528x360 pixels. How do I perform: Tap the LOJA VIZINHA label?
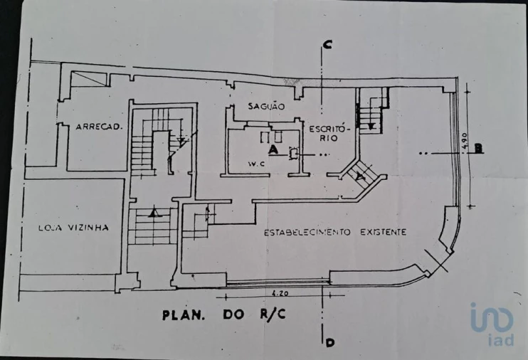coord(73,228)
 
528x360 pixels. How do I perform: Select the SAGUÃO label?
coord(267,107)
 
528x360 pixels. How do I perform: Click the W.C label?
coord(258,164)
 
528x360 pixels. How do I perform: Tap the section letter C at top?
coord(327,45)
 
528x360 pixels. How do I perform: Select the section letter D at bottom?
coord(329,343)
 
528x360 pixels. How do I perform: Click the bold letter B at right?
coord(479,148)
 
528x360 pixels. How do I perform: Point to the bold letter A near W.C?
coord(273,149)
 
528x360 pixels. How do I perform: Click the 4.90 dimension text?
coord(463,140)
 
